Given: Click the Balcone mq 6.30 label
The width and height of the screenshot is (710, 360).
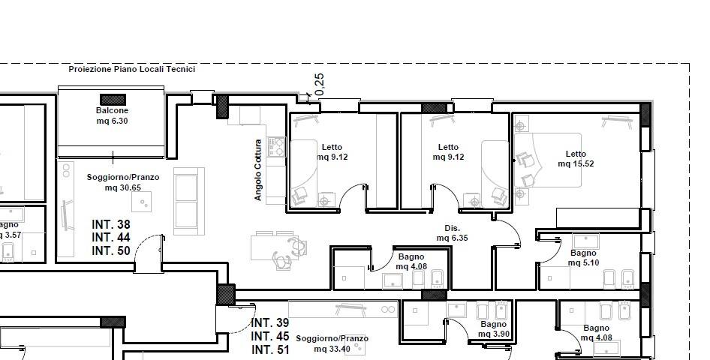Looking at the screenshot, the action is (x=112, y=115).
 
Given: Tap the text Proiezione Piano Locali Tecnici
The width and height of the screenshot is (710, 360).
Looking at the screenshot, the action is (x=132, y=69).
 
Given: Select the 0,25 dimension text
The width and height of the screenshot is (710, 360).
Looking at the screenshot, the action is (x=319, y=84).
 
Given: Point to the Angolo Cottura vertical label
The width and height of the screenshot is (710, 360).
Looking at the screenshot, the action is (x=257, y=169).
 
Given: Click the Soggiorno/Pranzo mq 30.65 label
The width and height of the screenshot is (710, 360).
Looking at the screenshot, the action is (x=123, y=181).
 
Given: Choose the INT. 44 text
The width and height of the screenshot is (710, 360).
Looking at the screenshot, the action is (x=111, y=238).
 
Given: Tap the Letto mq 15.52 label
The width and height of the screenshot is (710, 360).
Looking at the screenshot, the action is (x=576, y=159).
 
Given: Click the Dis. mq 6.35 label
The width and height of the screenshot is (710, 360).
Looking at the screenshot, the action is (x=452, y=233).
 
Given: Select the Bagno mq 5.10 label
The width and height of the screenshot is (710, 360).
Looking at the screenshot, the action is (x=583, y=258).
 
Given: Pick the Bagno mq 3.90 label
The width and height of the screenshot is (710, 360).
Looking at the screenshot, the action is (x=494, y=328).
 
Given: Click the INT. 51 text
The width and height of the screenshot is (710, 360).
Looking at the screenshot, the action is (x=270, y=349).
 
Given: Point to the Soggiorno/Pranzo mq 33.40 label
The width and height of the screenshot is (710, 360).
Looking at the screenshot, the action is (x=332, y=343).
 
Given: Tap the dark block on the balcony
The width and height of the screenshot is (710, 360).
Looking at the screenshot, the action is (x=113, y=100).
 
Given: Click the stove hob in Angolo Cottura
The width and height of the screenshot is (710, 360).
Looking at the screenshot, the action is (x=276, y=146).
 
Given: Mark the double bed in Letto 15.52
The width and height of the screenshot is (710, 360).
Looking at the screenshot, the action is (x=548, y=160).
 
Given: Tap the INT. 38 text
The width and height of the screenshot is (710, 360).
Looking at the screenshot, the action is (x=111, y=224).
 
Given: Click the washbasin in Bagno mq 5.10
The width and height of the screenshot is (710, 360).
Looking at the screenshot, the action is (x=586, y=241).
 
